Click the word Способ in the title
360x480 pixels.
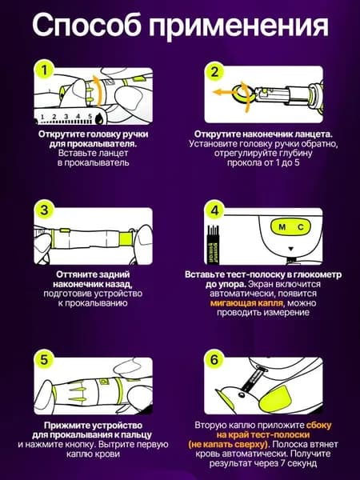coord(86,25)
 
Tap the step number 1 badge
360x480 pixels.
coord(45,70)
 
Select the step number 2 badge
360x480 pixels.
coord(214,71)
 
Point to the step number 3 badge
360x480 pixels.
coord(44,210)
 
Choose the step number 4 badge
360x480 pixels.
coord(214,210)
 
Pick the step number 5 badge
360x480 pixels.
coord(44,360)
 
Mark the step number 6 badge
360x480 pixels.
coord(214,360)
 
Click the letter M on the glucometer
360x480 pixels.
coord(282,227)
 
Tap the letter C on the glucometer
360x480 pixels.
coord(301,227)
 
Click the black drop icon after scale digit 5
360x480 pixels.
coord(98,118)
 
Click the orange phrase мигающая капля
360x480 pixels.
coord(246,303)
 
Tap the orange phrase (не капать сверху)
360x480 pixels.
coord(228,444)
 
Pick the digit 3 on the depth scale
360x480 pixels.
coord(66,117)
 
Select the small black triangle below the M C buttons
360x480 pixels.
coord(291,249)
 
